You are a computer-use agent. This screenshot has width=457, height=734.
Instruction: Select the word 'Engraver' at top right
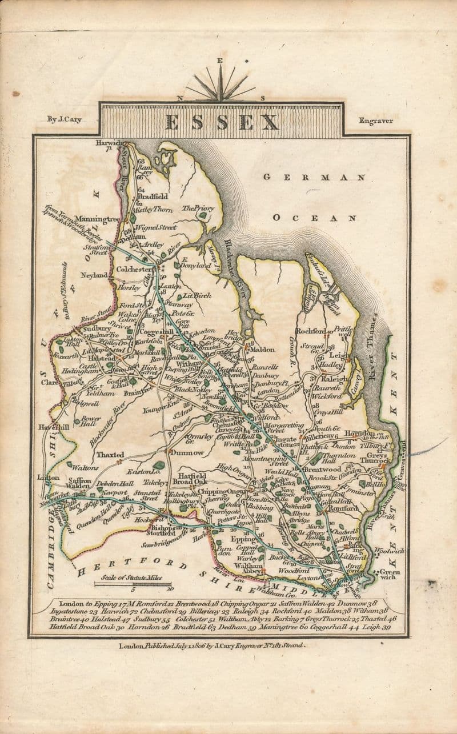[x=375, y=121]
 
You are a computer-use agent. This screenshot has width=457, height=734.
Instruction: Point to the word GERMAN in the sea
[x=314, y=178]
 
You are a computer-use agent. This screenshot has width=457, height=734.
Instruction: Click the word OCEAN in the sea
[x=315, y=218]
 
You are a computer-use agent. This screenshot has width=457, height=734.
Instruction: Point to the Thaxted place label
[x=110, y=455]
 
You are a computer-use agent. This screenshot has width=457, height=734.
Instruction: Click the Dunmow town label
[x=187, y=452]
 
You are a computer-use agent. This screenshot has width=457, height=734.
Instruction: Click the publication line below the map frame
[x=211, y=645]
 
